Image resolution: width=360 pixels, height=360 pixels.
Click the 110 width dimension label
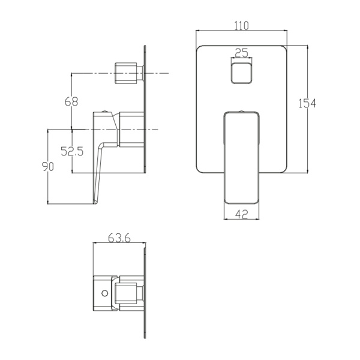(242, 25)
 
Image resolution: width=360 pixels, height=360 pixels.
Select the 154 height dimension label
(307, 103)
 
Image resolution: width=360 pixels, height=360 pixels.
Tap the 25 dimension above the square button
(242, 53)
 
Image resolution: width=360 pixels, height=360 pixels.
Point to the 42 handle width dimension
(242, 214)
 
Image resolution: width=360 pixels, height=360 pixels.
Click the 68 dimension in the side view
(71, 102)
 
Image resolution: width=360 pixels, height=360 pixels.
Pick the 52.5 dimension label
(72, 151)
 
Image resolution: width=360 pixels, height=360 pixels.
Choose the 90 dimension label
(48, 166)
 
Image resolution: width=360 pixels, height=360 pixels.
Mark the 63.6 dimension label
(119, 238)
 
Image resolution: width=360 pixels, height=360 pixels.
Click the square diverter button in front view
(241, 73)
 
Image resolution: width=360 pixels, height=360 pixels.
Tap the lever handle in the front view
(242, 158)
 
